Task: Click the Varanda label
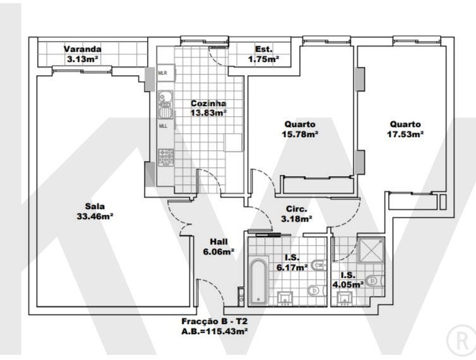coord(83,49)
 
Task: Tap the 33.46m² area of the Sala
coord(95,216)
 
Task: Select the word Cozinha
coord(208,104)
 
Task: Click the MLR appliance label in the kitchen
coord(163,73)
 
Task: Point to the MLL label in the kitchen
coord(163,126)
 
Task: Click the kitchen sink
coord(165,105)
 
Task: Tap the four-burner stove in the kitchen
coord(166,158)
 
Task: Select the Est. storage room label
coord(264,49)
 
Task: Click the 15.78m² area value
coord(300,134)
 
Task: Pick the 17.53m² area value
coord(405,134)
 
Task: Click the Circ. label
coord(297,209)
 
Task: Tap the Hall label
coord(218,242)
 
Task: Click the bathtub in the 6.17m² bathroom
coord(258,280)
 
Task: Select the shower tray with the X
coord(371,250)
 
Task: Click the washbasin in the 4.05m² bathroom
coord(345,298)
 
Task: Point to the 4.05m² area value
coord(348,285)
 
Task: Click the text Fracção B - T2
coord(214,321)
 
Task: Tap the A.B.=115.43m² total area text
coord(214,331)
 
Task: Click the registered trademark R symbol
coord(461,340)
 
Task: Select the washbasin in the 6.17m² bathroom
coord(285,298)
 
